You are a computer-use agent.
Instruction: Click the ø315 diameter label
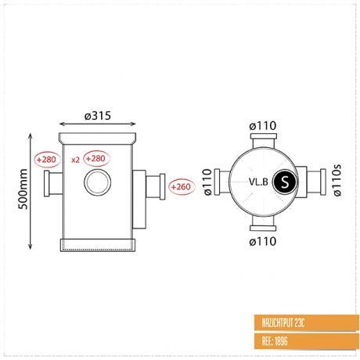click(x=98, y=116)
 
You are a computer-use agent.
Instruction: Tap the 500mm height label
click(x=23, y=189)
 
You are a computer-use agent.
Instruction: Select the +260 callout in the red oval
click(x=182, y=187)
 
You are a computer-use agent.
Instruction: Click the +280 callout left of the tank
click(x=47, y=160)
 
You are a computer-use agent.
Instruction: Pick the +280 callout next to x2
click(x=96, y=158)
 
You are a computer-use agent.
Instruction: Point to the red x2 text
click(x=75, y=160)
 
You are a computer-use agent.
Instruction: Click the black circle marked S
click(x=285, y=182)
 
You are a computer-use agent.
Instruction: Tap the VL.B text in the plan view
click(x=258, y=182)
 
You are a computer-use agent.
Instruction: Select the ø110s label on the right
click(x=337, y=180)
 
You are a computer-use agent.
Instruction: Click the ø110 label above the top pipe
click(x=263, y=126)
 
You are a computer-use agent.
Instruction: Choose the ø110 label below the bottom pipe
click(x=263, y=241)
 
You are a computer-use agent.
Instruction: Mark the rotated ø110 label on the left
click(x=207, y=182)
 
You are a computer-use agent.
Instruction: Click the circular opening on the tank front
click(x=98, y=182)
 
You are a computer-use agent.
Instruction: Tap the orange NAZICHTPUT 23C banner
click(x=307, y=323)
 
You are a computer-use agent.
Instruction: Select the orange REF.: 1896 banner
click(x=307, y=341)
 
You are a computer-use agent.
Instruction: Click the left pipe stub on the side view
click(x=53, y=183)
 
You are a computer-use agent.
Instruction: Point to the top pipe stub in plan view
click(x=264, y=141)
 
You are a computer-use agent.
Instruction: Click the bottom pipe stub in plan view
click(x=263, y=224)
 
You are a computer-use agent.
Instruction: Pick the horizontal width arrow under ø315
click(x=98, y=124)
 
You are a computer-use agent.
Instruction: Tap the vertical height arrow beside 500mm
click(x=31, y=191)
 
